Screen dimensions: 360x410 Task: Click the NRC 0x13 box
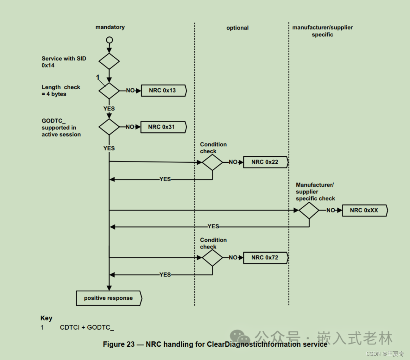click(x=164, y=91)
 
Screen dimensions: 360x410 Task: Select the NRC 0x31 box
click(x=163, y=127)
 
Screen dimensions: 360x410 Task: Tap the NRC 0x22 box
click(x=265, y=162)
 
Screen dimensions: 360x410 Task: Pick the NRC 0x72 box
click(x=265, y=258)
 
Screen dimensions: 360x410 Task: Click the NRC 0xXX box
click(x=364, y=210)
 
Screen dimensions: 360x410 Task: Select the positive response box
click(x=109, y=298)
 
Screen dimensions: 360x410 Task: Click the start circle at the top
click(x=109, y=40)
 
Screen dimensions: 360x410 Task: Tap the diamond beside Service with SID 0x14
click(x=109, y=61)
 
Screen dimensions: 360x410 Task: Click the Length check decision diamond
click(x=109, y=91)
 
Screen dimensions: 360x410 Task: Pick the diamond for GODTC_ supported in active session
click(x=109, y=127)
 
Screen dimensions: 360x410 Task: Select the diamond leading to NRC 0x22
click(x=212, y=162)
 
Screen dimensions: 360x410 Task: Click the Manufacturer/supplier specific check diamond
click(x=309, y=210)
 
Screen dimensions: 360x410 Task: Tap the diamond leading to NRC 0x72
click(x=212, y=258)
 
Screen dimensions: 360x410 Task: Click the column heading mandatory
click(x=110, y=27)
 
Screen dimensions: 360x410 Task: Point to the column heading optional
click(x=238, y=28)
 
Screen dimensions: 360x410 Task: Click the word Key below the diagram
click(x=46, y=318)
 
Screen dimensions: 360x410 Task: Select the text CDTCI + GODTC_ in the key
click(x=87, y=327)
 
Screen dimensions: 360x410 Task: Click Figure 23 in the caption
click(x=119, y=344)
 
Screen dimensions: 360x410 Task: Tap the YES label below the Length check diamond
click(x=109, y=108)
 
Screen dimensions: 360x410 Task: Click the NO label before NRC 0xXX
click(x=331, y=210)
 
